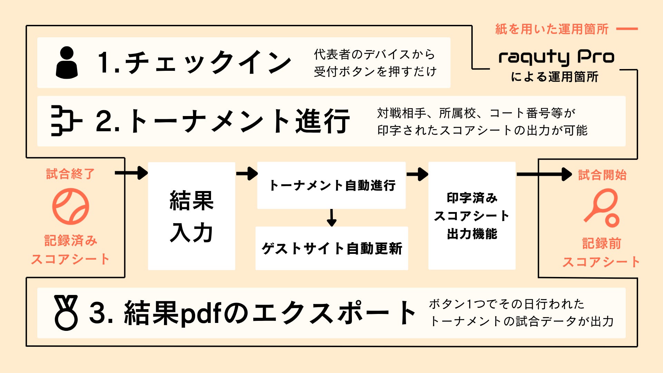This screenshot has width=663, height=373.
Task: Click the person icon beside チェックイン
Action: click(x=67, y=63)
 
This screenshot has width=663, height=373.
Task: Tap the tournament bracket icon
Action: click(x=66, y=121)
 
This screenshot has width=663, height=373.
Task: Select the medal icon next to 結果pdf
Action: click(x=66, y=313)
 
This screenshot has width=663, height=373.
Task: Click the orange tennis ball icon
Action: click(x=71, y=207)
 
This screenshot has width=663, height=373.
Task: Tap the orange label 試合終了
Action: click(x=70, y=174)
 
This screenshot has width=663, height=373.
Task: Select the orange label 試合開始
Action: click(x=602, y=175)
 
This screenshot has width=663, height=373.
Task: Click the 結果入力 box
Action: click(x=191, y=216)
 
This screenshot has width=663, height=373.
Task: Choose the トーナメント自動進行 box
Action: click(x=331, y=185)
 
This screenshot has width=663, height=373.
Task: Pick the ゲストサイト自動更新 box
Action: click(x=331, y=248)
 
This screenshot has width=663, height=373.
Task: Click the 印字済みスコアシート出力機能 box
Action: click(x=472, y=216)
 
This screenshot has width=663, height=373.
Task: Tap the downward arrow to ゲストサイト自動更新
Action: click(x=331, y=218)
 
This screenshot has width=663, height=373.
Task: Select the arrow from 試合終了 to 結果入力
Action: click(x=132, y=173)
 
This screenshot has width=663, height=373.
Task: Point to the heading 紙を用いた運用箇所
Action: click(x=551, y=29)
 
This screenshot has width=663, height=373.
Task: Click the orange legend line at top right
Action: click(x=627, y=29)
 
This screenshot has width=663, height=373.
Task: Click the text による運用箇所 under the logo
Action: click(x=555, y=77)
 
